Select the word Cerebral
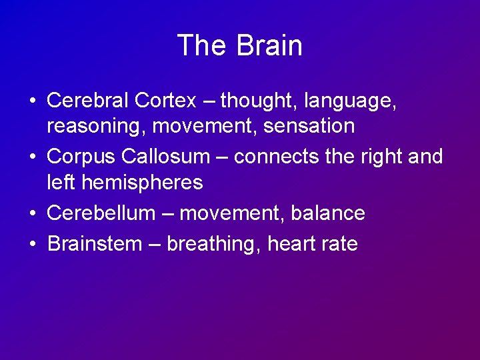[88, 100]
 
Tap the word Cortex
[165, 100]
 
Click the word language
[349, 101]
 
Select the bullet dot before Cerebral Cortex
[33, 101]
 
